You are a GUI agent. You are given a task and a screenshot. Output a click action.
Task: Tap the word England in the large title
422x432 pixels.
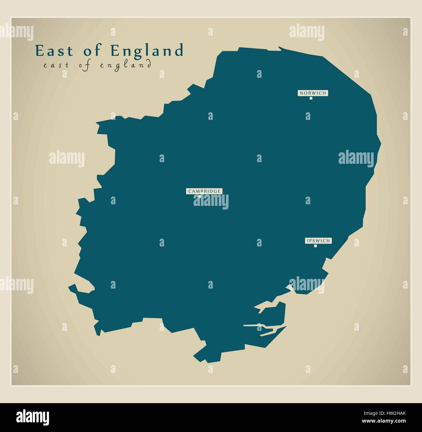[x=147, y=51]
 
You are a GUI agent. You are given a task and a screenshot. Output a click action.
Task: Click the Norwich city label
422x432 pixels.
[x=313, y=93]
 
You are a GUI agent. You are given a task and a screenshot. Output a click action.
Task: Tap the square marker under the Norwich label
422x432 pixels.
[x=311, y=98]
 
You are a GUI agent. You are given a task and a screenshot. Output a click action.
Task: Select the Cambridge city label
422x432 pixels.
[x=204, y=191]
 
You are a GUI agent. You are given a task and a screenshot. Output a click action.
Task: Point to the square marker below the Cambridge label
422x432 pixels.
[x=200, y=196]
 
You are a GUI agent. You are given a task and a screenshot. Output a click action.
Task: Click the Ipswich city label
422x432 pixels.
[x=318, y=241]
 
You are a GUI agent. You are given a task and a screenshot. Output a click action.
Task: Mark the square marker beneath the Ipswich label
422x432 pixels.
[x=315, y=246]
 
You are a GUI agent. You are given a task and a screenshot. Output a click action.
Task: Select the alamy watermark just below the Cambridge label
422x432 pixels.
[x=211, y=201]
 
